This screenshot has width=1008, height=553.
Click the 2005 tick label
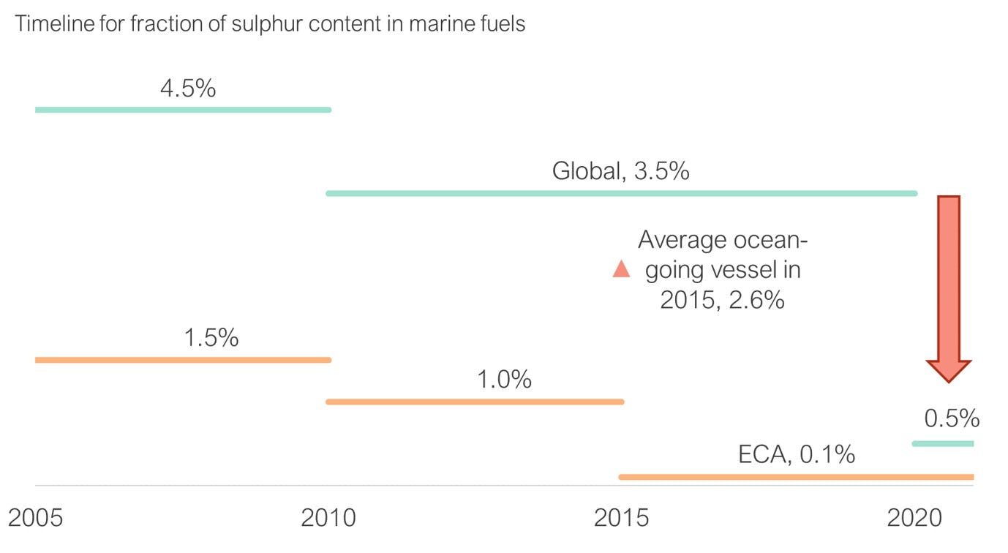point(36,519)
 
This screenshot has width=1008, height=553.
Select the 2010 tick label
point(328,519)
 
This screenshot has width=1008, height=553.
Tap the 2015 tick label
point(621,519)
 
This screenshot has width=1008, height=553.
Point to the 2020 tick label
point(914,519)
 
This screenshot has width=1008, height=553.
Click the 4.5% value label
point(188,89)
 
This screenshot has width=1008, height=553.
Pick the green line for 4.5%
point(183,110)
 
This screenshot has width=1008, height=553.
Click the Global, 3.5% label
point(620,172)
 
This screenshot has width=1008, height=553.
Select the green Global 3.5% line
point(621,193)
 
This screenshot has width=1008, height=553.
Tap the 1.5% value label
point(211,338)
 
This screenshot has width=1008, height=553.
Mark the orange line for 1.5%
point(183,360)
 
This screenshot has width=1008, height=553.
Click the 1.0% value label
point(503,380)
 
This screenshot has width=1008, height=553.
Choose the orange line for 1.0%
point(475,402)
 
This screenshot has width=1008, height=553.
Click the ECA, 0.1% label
point(797,455)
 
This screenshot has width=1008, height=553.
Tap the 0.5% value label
point(951,418)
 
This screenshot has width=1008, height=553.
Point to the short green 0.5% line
point(943,443)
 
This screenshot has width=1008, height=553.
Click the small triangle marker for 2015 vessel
point(621,270)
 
